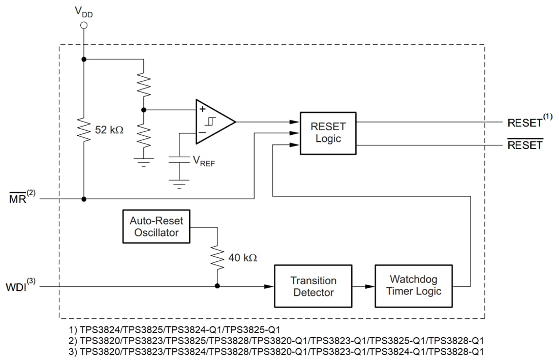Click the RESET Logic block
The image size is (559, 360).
(328, 132)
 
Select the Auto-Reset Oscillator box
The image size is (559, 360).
(156, 227)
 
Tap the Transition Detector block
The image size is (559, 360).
(313, 286)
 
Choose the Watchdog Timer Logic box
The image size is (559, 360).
(413, 285)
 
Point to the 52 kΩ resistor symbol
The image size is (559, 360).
(84, 130)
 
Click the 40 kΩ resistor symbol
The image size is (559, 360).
(218, 258)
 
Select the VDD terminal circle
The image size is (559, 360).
(84, 25)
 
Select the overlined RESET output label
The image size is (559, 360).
(525, 145)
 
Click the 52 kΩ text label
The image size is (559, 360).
(109, 130)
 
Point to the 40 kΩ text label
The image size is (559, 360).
(242, 258)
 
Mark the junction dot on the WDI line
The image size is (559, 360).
(218, 286)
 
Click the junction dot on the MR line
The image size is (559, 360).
(84, 199)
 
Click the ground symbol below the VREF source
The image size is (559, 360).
(179, 184)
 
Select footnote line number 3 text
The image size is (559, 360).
(276, 351)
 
